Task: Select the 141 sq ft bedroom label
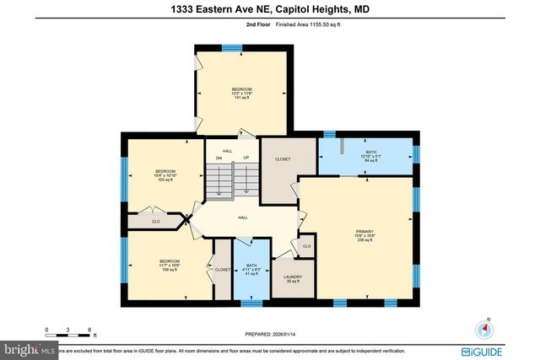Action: (x=242, y=93)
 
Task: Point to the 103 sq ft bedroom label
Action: (x=165, y=175)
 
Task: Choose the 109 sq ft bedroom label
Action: (x=169, y=266)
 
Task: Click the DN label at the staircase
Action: (x=219, y=158)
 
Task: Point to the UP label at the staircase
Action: (x=246, y=158)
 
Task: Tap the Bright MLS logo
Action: (x=30, y=348)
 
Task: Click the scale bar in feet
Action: (x=69, y=332)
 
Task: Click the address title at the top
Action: (x=270, y=9)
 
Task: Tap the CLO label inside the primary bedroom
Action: (x=306, y=246)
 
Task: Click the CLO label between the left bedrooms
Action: (x=155, y=222)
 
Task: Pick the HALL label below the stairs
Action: (x=242, y=218)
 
